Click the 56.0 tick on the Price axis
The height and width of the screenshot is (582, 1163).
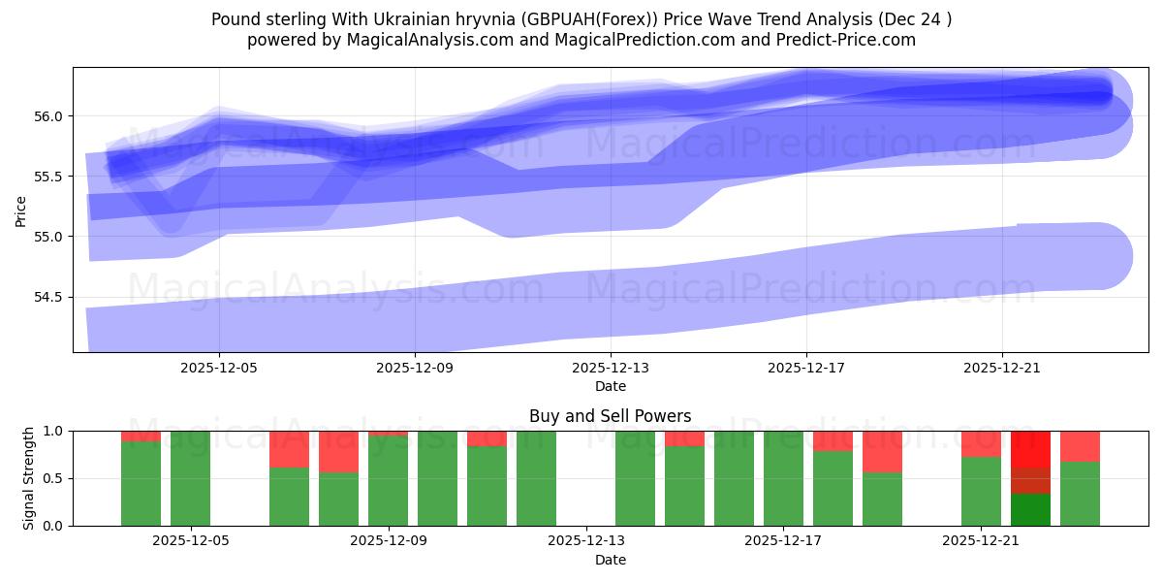[x=47, y=116]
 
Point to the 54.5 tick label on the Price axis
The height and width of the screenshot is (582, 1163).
[x=47, y=297]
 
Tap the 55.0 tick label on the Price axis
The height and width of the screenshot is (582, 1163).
[x=47, y=237]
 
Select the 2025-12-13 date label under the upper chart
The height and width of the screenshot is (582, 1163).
[x=610, y=369]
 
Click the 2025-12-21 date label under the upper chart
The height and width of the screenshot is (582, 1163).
[x=1001, y=369]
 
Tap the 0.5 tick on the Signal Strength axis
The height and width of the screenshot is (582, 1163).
[x=54, y=478]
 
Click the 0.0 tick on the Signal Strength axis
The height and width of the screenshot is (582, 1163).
[x=54, y=526]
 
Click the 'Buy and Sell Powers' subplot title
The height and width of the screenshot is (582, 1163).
[x=610, y=416]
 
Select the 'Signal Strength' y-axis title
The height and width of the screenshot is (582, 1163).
[x=29, y=478]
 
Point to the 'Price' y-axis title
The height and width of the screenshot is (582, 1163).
[x=21, y=210]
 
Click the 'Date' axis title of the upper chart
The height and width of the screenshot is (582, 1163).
[x=610, y=386]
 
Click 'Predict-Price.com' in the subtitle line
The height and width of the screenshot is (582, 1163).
[x=836, y=40]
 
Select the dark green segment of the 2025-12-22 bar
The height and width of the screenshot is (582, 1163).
[x=1030, y=510]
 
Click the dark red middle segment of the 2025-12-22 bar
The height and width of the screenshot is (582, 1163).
[x=1030, y=481]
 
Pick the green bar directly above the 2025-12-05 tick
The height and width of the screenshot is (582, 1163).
[x=191, y=478]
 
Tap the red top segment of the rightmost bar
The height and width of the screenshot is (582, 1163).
[x=1080, y=446]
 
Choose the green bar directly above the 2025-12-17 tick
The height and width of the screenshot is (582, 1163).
[x=783, y=478]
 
